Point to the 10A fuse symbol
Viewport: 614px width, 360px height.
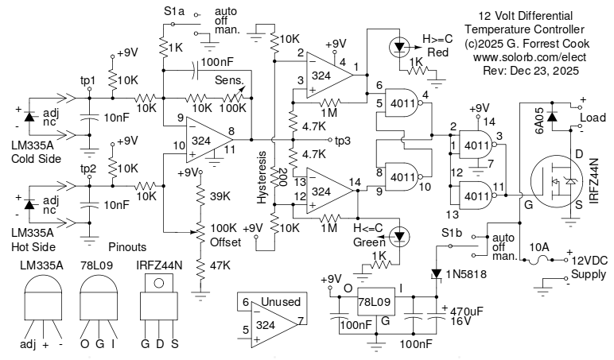[541, 257]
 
